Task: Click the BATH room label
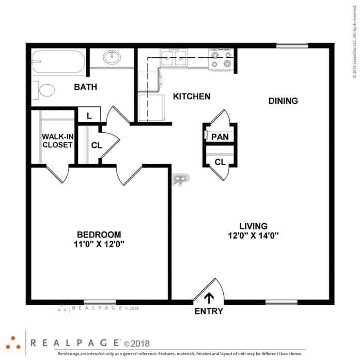pos(85,87)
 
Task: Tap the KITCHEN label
pos(191,97)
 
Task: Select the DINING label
pos(283,101)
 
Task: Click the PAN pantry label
pos(220,137)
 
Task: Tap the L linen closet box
pos(89,116)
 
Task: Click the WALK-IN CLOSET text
pos(57,140)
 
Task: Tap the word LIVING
pos(253,226)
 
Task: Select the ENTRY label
pos(209,311)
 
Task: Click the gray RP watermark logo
pos(181,179)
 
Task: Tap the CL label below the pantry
pos(220,162)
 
